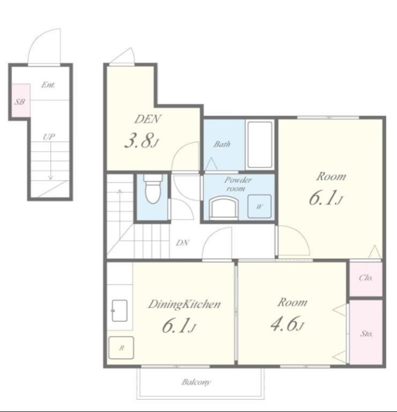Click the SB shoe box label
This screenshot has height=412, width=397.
[x=20, y=101]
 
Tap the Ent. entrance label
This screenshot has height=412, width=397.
[x=48, y=85]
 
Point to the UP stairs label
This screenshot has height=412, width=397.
[x=49, y=136]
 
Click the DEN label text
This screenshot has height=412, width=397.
[x=148, y=119]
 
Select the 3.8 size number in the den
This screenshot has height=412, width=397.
[x=139, y=141]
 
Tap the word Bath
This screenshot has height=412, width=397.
[x=222, y=144]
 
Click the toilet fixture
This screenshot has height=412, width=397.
[x=152, y=188]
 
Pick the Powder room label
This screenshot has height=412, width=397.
[x=237, y=184]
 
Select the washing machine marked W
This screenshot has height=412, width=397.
[x=260, y=207]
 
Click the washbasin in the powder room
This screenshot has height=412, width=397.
[x=223, y=209]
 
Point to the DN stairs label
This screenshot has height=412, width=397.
[x=183, y=243]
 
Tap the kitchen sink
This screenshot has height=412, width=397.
[x=119, y=311]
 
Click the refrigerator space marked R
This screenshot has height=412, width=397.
[x=121, y=348]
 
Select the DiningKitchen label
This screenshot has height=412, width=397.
[x=184, y=304]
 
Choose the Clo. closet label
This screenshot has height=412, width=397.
[x=366, y=278]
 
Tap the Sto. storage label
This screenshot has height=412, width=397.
[x=366, y=334]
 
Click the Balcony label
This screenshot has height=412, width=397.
[x=196, y=382]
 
